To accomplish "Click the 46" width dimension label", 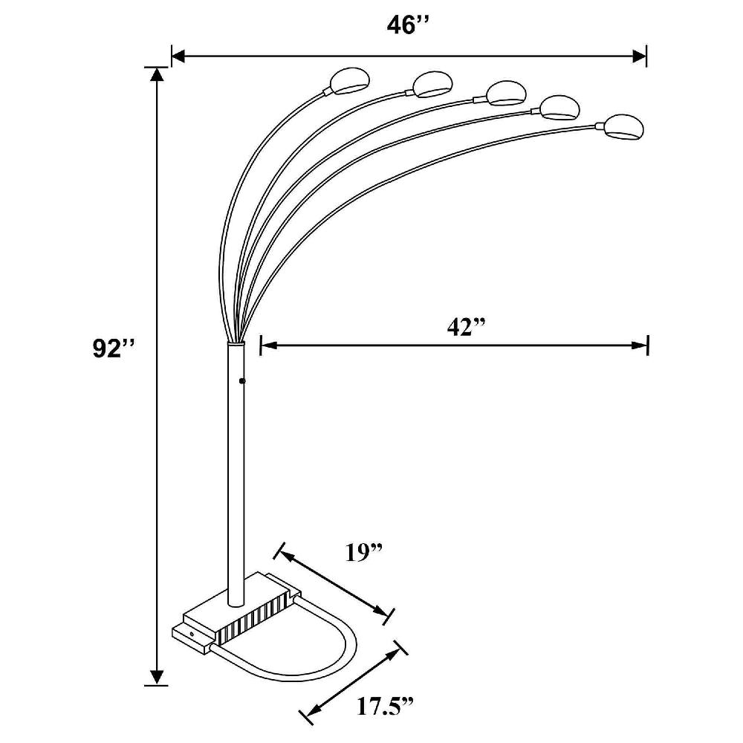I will (409, 25).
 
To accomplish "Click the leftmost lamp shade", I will (346, 81).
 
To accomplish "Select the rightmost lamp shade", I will (623, 127).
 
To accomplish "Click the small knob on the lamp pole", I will (243, 380).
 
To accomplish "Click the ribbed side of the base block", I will (253, 617).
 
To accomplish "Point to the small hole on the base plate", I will (192, 634).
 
